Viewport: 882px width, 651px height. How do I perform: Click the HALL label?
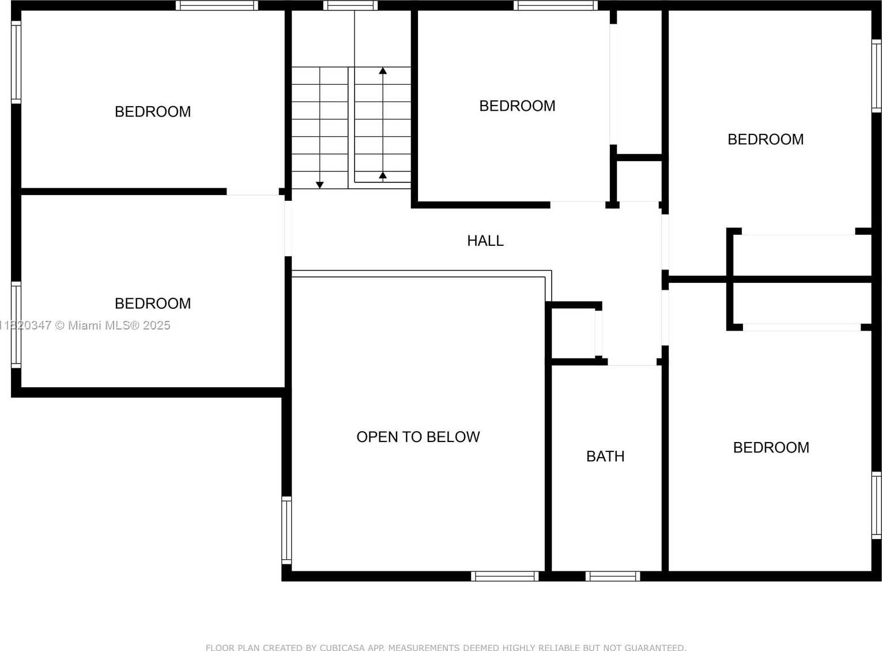coord(485,241)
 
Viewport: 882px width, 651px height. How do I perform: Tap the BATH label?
coord(605,456)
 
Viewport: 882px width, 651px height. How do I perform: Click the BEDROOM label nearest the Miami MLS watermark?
coord(153,303)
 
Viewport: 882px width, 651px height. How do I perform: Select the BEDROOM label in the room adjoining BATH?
coord(771,447)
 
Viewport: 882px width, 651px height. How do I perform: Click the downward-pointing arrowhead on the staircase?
coord(320,185)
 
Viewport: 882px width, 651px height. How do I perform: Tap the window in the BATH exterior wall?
coord(613,576)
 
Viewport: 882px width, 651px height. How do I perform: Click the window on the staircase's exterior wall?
coord(350,6)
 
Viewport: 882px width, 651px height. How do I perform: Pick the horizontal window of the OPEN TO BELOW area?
coord(505,576)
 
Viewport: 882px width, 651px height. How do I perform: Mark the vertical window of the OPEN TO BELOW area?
coord(287,530)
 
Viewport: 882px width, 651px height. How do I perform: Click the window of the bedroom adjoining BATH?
coord(876,506)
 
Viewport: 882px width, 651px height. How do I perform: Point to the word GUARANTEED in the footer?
coord(654,647)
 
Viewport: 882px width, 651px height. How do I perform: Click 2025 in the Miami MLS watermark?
coord(156,325)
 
